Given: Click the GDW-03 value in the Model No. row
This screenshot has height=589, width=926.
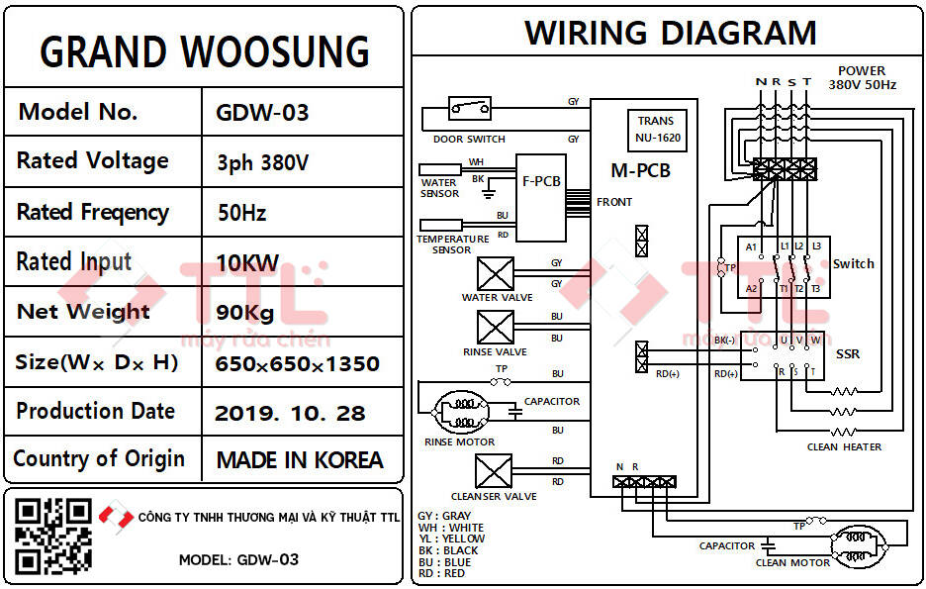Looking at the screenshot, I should point(262,112).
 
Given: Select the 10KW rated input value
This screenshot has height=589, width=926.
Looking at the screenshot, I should point(247,263).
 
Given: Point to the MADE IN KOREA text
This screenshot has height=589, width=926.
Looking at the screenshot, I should point(299,460).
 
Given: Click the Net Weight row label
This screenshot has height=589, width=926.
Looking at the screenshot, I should point(83,312).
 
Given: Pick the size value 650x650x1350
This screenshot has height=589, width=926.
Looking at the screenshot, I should point(297,363).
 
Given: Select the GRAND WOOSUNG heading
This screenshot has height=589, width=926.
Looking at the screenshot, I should point(204,50).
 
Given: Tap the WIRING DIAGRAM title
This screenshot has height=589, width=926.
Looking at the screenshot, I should point(670,33).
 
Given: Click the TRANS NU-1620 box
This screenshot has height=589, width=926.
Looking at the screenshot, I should point(656,130).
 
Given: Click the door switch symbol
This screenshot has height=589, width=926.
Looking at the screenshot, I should point(470,107).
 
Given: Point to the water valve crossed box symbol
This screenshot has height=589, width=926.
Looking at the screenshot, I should point(496,273).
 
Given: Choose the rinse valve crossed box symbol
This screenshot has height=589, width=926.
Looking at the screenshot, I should point(496,328).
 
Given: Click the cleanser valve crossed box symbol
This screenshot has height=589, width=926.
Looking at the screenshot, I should point(494,471).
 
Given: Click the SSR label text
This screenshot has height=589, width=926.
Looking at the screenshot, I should point(848,353).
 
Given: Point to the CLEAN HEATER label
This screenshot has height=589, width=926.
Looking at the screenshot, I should point(844,446).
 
